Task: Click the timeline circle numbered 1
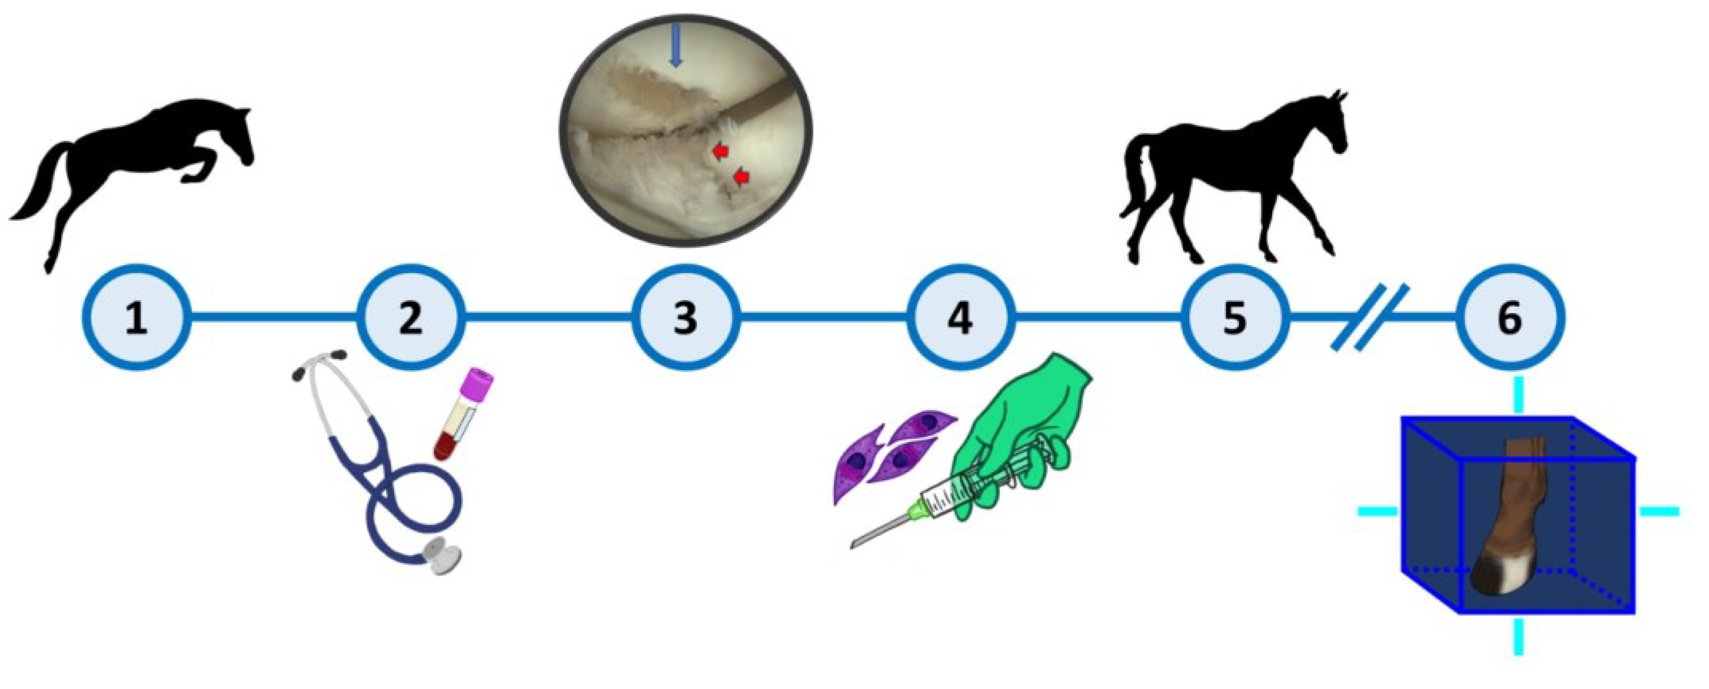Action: tap(137, 317)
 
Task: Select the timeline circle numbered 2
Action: tap(411, 317)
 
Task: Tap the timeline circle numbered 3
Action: tap(685, 317)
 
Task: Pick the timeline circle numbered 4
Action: tap(960, 317)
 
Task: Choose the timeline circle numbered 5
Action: tap(1235, 317)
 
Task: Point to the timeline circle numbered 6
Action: tap(1509, 317)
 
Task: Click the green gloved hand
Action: tap(1022, 424)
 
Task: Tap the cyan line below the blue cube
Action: tap(1518, 636)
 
